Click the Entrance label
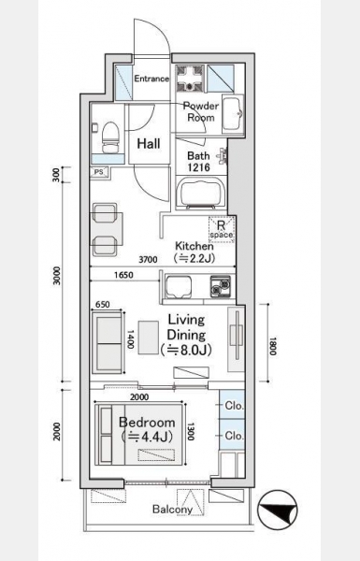pos(151,79)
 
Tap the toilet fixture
pos(110,137)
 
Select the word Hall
pos(149,144)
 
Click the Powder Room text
pos(200,111)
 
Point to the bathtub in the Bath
pos(202,194)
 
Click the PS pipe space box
pos(98,172)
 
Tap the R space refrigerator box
pos(222,230)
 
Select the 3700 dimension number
pos(148,259)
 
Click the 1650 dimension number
pos(123,275)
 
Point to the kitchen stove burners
pos(220,287)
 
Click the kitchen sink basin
pos(179,287)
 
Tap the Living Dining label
pos(186,335)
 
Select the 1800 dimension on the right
pos(273,346)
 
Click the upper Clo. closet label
pos(235,406)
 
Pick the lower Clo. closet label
pos(235,436)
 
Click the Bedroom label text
pos(147,423)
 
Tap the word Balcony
pos(172,510)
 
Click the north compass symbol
pos(278,511)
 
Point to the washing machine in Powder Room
pos(190,78)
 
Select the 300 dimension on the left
pos(56,175)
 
